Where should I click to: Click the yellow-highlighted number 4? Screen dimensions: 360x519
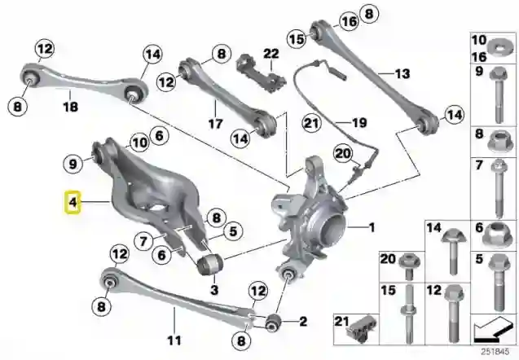click(x=73, y=202)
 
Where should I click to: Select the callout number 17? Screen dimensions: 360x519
click(x=214, y=125)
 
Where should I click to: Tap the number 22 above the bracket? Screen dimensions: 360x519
click(x=270, y=54)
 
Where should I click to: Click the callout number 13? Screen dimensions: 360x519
click(x=401, y=73)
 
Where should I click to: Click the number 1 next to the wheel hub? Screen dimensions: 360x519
click(x=372, y=227)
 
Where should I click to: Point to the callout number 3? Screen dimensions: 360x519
click(x=213, y=288)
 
